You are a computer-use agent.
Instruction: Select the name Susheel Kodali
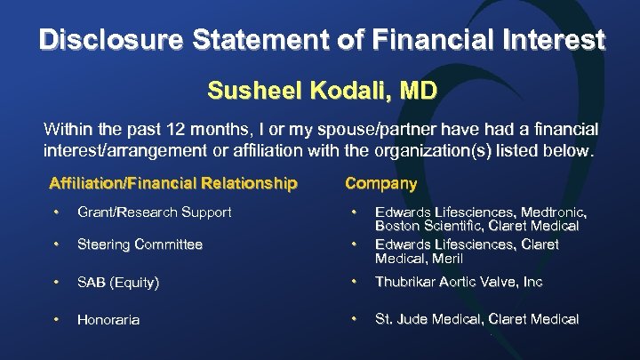pyautogui.click(x=285, y=91)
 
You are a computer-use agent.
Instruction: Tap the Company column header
pyautogui.click(x=380, y=184)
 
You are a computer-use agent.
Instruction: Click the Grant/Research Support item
pyautogui.click(x=154, y=212)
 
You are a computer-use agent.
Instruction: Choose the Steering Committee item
pyautogui.click(x=140, y=244)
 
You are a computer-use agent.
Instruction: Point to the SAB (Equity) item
pyautogui.click(x=118, y=283)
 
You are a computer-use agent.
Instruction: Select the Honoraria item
pyautogui.click(x=108, y=319)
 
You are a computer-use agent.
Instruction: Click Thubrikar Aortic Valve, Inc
pyautogui.click(x=459, y=283)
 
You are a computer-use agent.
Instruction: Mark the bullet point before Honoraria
pyautogui.click(x=56, y=318)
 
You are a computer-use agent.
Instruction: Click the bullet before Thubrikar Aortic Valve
pyautogui.click(x=354, y=282)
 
